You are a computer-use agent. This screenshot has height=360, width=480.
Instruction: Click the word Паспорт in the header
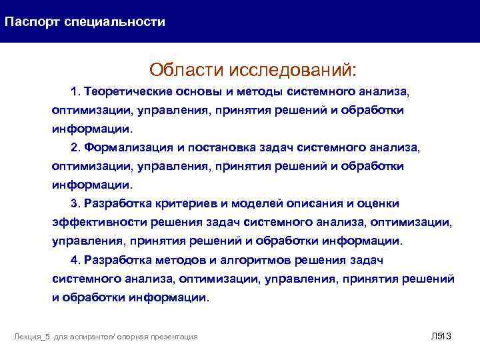click(33, 22)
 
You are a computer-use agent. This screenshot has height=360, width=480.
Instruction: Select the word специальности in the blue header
click(115, 22)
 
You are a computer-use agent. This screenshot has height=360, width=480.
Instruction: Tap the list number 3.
click(74, 203)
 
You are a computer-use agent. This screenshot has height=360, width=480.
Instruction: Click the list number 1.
click(74, 90)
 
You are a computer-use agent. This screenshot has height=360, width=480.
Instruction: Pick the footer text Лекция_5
click(33, 337)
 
